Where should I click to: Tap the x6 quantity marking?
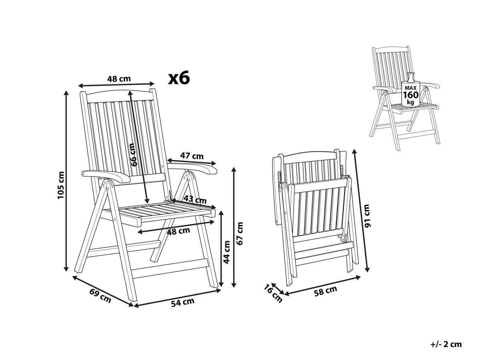179,78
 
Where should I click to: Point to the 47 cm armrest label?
192,156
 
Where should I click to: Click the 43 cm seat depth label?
195,199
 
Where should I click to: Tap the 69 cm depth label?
100,296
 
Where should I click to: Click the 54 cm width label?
182,302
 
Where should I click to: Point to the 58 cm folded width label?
326,291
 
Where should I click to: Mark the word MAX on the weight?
411,88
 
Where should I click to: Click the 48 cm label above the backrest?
119,78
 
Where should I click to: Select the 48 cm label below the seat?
178,231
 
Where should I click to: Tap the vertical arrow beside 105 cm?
66,181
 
